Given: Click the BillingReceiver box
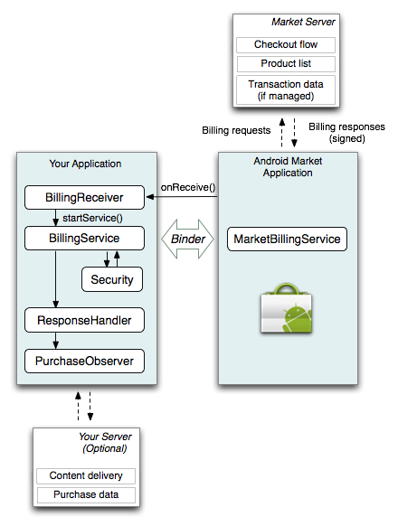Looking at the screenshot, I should click(85, 196).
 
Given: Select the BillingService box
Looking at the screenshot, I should click(85, 239).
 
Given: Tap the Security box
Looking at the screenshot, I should click(112, 280).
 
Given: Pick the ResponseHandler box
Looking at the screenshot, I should click(85, 320).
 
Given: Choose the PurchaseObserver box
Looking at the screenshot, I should click(85, 362).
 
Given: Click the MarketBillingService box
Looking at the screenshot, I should click(287, 240).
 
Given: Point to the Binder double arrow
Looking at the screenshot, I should click(187, 240).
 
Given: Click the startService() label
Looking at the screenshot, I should click(92, 218).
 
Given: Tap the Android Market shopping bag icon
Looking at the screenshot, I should click(286, 311).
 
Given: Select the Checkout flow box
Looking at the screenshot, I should click(286, 45).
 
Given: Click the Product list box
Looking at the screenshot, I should click(286, 64).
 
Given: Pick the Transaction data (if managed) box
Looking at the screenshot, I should click(286, 89).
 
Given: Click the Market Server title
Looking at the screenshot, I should click(304, 22).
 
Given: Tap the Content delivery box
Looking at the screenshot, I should click(86, 476).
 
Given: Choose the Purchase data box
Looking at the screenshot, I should click(86, 495).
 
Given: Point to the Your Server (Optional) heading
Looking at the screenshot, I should click(102, 442).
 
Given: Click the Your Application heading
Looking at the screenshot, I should click(85, 164).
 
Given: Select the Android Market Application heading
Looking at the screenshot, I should click(287, 166).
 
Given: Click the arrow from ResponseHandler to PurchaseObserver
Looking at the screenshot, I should click(56, 341).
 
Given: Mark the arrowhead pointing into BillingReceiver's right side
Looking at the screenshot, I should click(150, 196).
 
